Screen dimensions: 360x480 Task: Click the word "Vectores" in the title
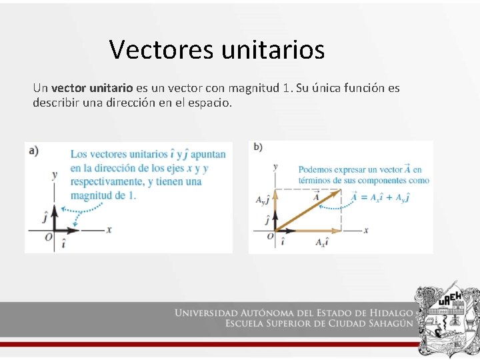pyautogui.click(x=156, y=49)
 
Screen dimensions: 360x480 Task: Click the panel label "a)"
pyautogui.click(x=34, y=150)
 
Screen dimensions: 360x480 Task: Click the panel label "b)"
pyautogui.click(x=257, y=147)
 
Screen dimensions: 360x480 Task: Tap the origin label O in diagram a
pyautogui.click(x=48, y=237)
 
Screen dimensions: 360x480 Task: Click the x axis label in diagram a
pyautogui.click(x=109, y=229)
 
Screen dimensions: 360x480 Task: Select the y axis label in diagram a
pyautogui.click(x=54, y=175)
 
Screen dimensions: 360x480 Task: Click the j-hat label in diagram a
pyautogui.click(x=45, y=215)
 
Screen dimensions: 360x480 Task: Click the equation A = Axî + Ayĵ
pyautogui.click(x=380, y=197)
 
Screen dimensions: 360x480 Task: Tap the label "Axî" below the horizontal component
pyautogui.click(x=321, y=241)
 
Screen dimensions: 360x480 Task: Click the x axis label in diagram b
pyautogui.click(x=366, y=230)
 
